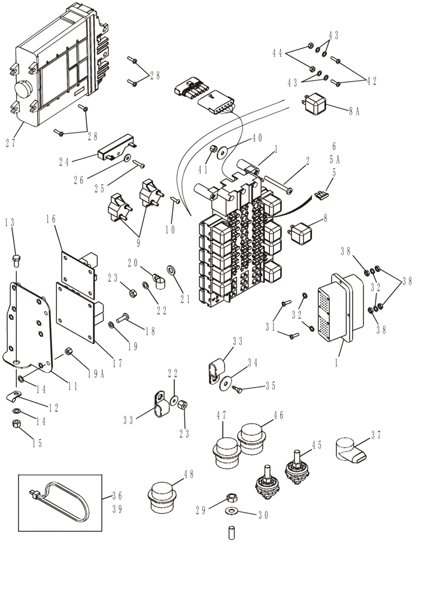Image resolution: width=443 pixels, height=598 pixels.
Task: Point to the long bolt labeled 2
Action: (277, 185)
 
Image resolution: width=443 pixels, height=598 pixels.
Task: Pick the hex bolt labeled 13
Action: (16, 260)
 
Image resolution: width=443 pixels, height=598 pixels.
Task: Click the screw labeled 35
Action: (238, 390)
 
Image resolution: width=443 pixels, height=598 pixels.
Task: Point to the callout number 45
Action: (315, 445)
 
